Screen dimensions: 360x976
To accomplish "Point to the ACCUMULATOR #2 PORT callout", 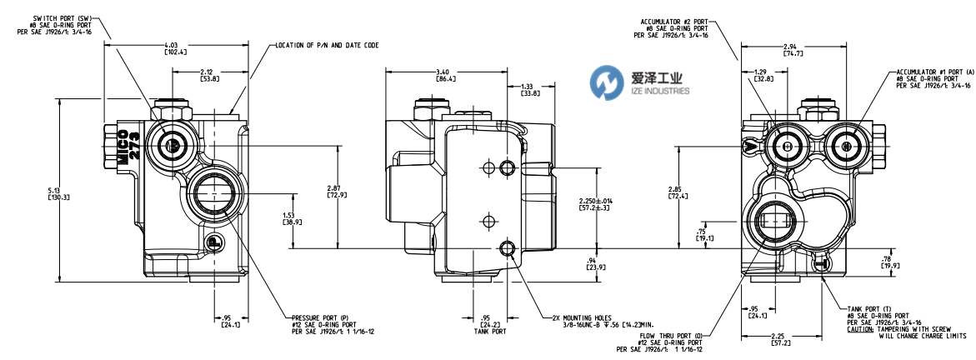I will point(676,27).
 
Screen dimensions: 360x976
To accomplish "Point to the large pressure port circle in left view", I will point(208,197).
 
